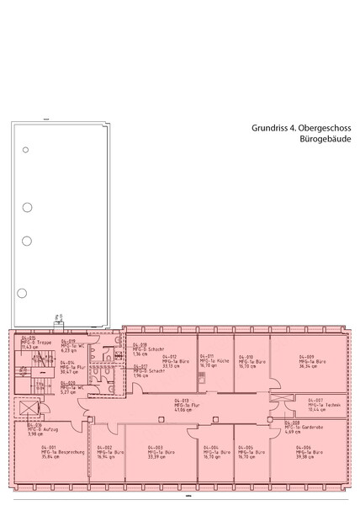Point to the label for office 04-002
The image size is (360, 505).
[x=100, y=452]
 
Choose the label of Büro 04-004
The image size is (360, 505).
[x=213, y=452]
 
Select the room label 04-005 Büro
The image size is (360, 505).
[x=247, y=452]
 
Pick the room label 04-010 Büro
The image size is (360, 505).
[x=247, y=361]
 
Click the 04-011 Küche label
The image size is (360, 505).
[x=213, y=361]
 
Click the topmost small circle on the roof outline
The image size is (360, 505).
[x=26, y=151]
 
